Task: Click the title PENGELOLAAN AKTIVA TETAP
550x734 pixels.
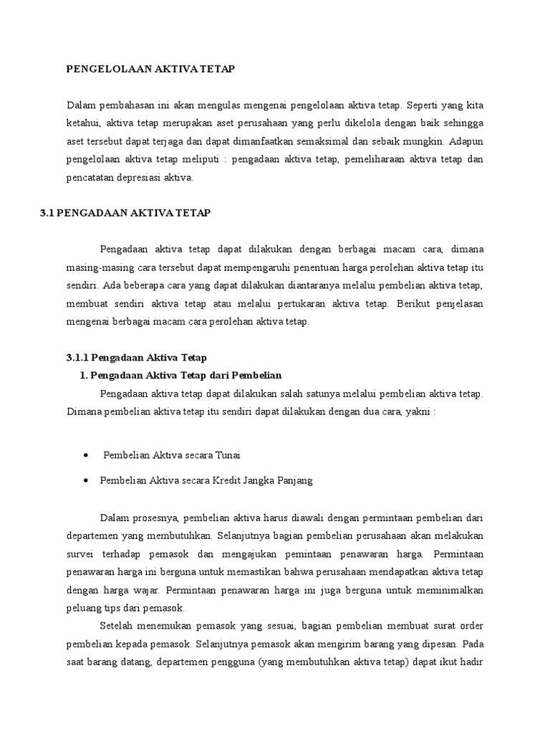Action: [x=150, y=69]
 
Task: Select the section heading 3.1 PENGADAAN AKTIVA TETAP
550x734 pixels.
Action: [x=126, y=214]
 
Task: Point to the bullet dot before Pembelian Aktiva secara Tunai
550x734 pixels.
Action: [x=86, y=455]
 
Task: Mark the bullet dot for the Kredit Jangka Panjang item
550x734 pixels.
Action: [x=86, y=481]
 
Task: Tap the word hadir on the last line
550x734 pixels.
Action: [x=473, y=663]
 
